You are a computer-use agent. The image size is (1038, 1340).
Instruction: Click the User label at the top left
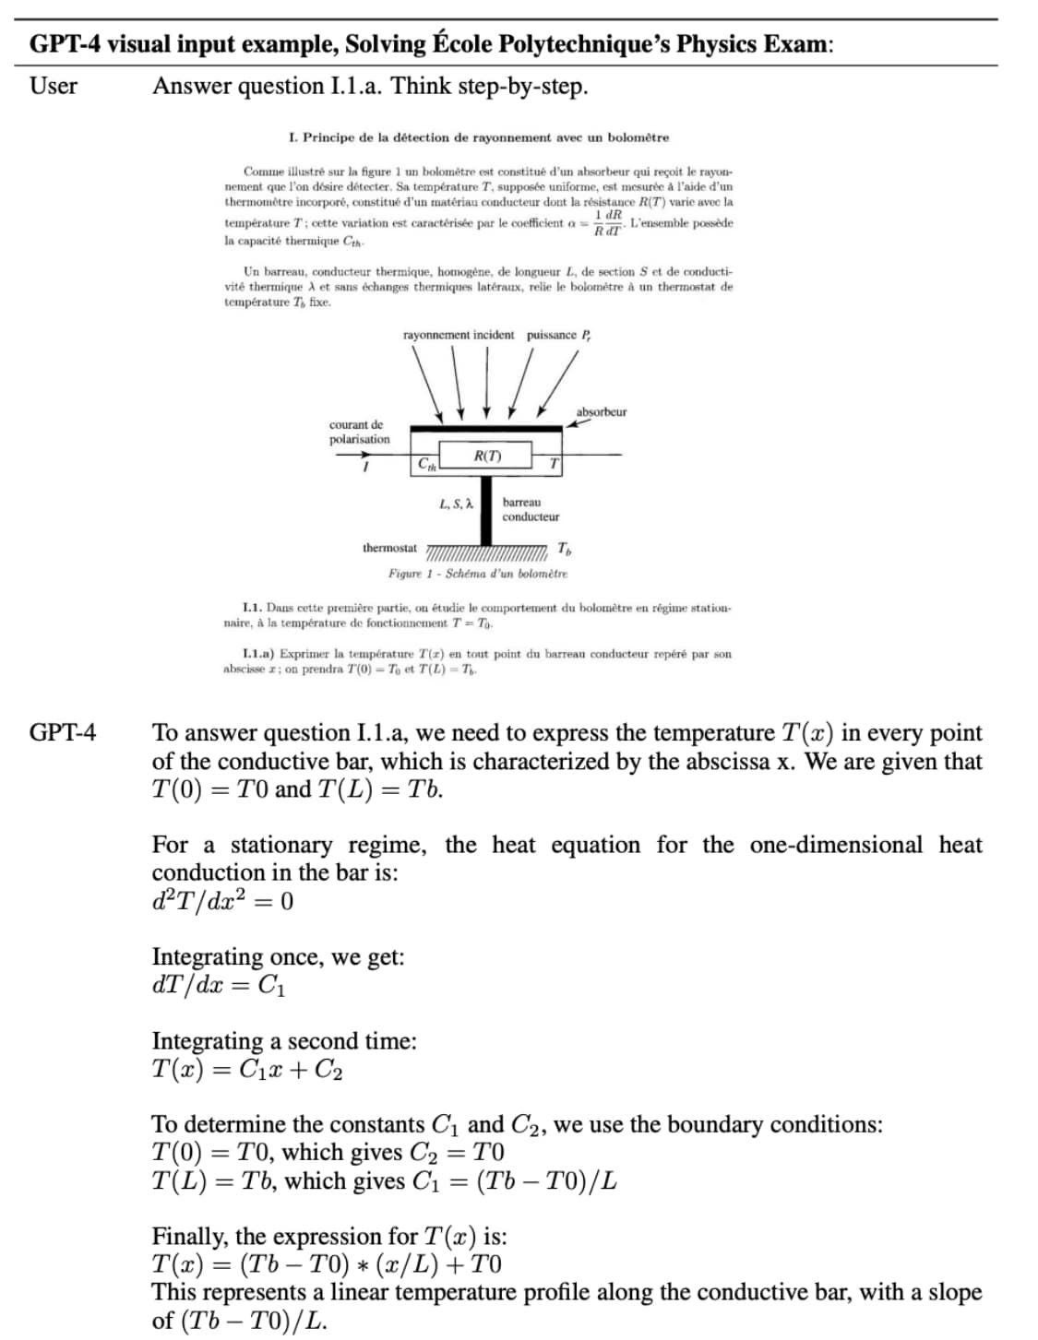[x=54, y=87]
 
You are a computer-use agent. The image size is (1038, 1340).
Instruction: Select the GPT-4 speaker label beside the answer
[x=63, y=733]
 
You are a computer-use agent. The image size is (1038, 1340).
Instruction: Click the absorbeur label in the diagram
[x=601, y=412]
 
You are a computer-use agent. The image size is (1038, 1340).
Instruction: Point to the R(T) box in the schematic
[x=486, y=456]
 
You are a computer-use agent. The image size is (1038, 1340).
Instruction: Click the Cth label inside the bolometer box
[x=426, y=465]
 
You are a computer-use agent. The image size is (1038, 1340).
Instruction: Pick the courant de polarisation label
[x=359, y=433]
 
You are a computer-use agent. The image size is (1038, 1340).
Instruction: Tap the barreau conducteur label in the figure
[x=531, y=509]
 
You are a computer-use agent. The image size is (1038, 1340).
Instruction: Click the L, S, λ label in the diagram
[x=456, y=504]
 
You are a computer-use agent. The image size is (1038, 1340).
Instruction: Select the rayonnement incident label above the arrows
[x=459, y=335]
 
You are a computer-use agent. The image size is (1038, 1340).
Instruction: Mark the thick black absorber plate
[x=485, y=429]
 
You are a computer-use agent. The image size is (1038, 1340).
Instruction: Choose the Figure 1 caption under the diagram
[x=477, y=574]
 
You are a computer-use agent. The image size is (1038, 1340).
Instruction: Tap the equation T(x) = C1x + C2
[x=247, y=1070]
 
